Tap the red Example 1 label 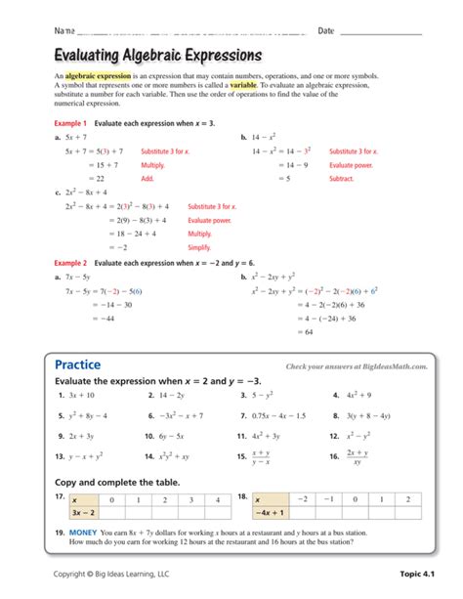click(71, 124)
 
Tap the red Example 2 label click(71, 263)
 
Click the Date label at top click(326, 32)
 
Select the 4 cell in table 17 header click(216, 498)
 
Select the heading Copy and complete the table click(116, 481)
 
